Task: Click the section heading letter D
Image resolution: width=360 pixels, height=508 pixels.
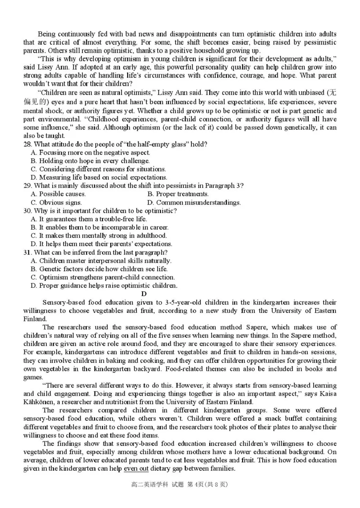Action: [144, 294]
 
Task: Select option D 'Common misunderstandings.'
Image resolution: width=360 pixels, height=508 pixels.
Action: [194, 202]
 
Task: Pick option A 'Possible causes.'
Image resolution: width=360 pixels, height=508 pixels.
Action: [58, 194]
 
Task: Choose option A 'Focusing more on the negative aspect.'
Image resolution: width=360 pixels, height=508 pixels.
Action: [90, 152]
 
